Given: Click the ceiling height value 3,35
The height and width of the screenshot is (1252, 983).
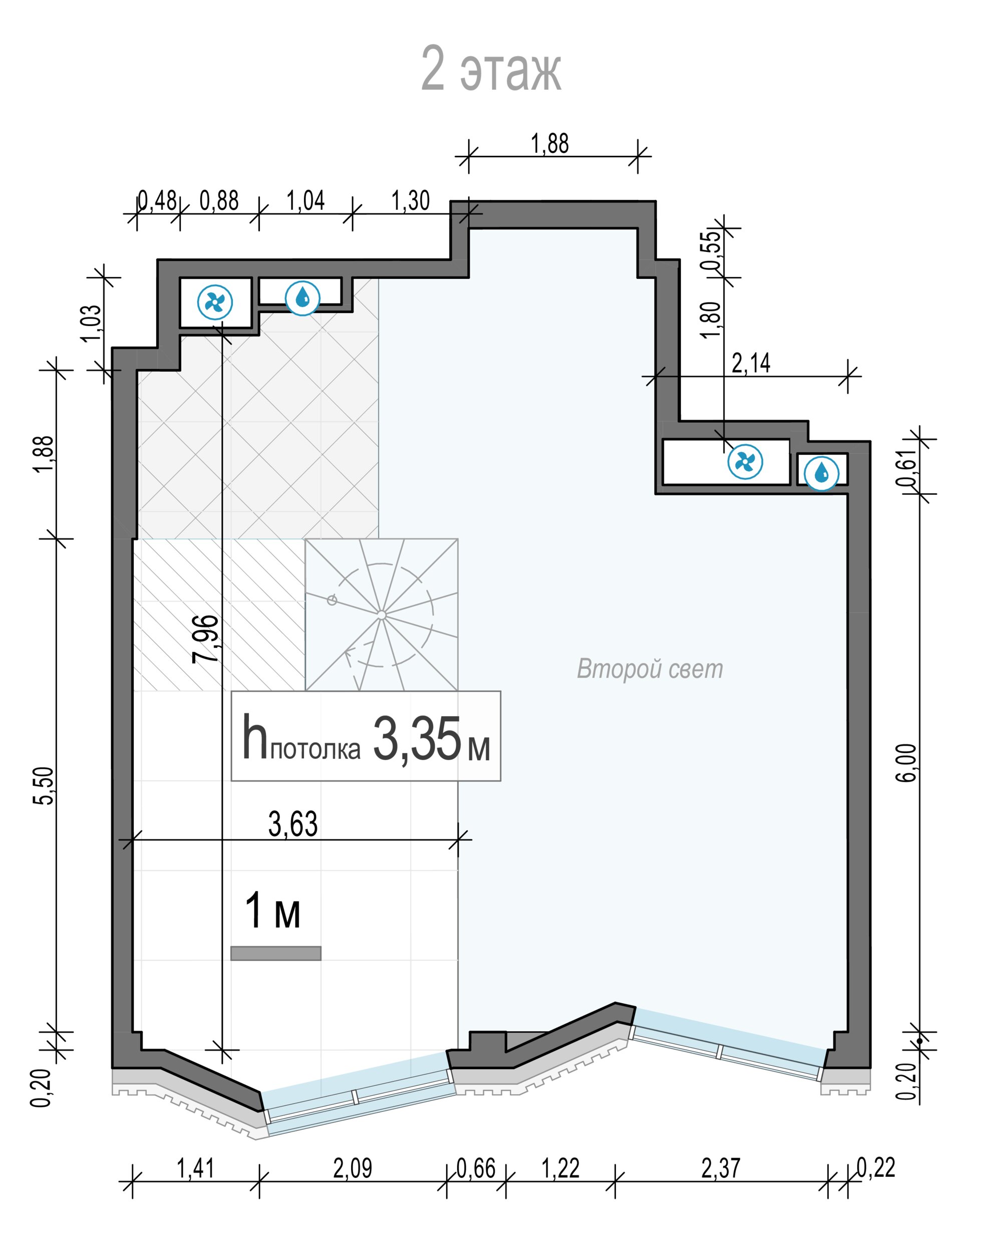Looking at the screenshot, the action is click(417, 739).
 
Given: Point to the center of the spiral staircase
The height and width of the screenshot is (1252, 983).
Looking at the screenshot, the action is click(382, 615).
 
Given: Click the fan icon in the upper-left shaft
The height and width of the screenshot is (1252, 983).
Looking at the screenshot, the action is click(215, 302).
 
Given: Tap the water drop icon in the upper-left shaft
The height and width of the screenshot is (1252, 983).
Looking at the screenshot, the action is click(303, 297).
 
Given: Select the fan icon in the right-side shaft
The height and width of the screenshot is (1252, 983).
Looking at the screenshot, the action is click(745, 462).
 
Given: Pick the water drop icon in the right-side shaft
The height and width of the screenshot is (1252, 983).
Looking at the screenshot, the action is click(821, 473).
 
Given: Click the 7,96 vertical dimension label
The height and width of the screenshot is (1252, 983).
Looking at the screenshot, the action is click(205, 639).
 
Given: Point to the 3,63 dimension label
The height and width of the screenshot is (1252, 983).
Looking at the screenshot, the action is click(293, 824).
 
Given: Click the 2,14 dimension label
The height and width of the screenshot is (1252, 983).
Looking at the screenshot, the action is click(751, 363).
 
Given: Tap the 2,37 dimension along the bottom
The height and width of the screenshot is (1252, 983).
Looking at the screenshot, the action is click(721, 1168).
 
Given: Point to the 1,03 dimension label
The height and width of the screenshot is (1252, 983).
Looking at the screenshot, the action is click(91, 323).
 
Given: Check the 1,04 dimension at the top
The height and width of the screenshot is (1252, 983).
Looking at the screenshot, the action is click(305, 200).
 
